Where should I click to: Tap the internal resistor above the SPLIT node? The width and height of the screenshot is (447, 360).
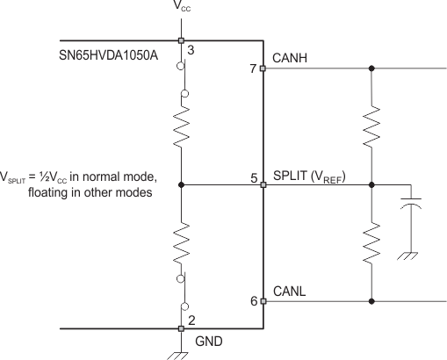point(181,128)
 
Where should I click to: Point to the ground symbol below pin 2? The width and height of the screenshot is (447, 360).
point(181,350)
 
